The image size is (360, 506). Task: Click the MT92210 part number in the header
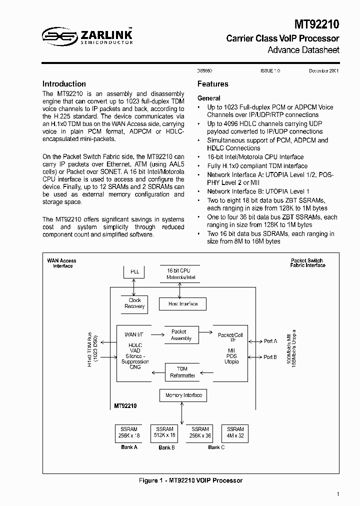pos(316,23)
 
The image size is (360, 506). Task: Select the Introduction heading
pos(64,84)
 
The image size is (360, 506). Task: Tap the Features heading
pos(212,84)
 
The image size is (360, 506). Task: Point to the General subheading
pos(208,98)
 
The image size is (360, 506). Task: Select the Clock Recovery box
pos(134,303)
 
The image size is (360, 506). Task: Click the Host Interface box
pos(182,304)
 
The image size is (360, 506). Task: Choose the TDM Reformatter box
pos(182,372)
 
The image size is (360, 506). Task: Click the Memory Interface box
pos(183,395)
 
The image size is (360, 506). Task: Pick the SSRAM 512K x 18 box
pos(164,432)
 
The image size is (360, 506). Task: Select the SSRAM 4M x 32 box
pos(235,432)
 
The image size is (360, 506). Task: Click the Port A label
pos(270,341)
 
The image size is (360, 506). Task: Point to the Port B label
pos(270,357)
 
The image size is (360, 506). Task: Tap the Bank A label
pos(129,447)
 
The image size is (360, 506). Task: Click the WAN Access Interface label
pos(62,263)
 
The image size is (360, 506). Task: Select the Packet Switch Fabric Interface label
pos(307,263)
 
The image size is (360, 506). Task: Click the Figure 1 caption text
pos(190,480)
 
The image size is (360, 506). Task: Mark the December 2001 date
pos(323,71)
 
